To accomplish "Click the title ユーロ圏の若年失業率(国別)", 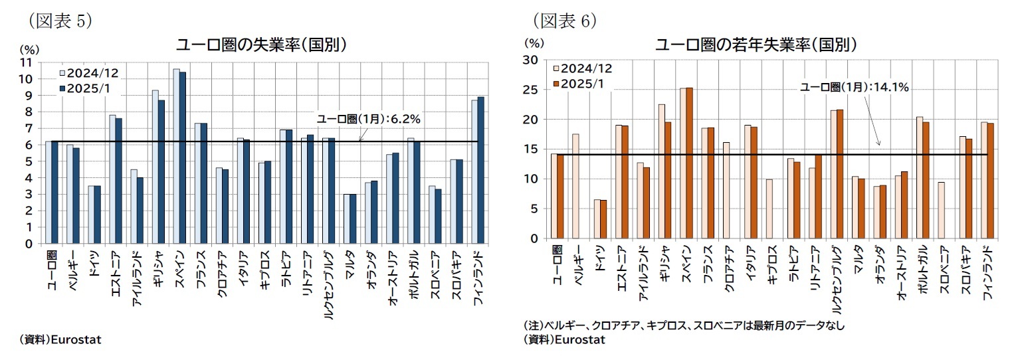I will pos(756,45).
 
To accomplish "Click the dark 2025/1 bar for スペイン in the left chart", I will pos(183,158).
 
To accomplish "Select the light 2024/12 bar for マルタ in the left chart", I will pos(346,219).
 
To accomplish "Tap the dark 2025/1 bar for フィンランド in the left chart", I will pos(480,170).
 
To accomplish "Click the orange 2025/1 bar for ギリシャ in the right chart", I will pos(668,180).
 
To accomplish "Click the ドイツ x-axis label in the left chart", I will pos(94,264).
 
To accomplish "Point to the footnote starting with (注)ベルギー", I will pos(684,326).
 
